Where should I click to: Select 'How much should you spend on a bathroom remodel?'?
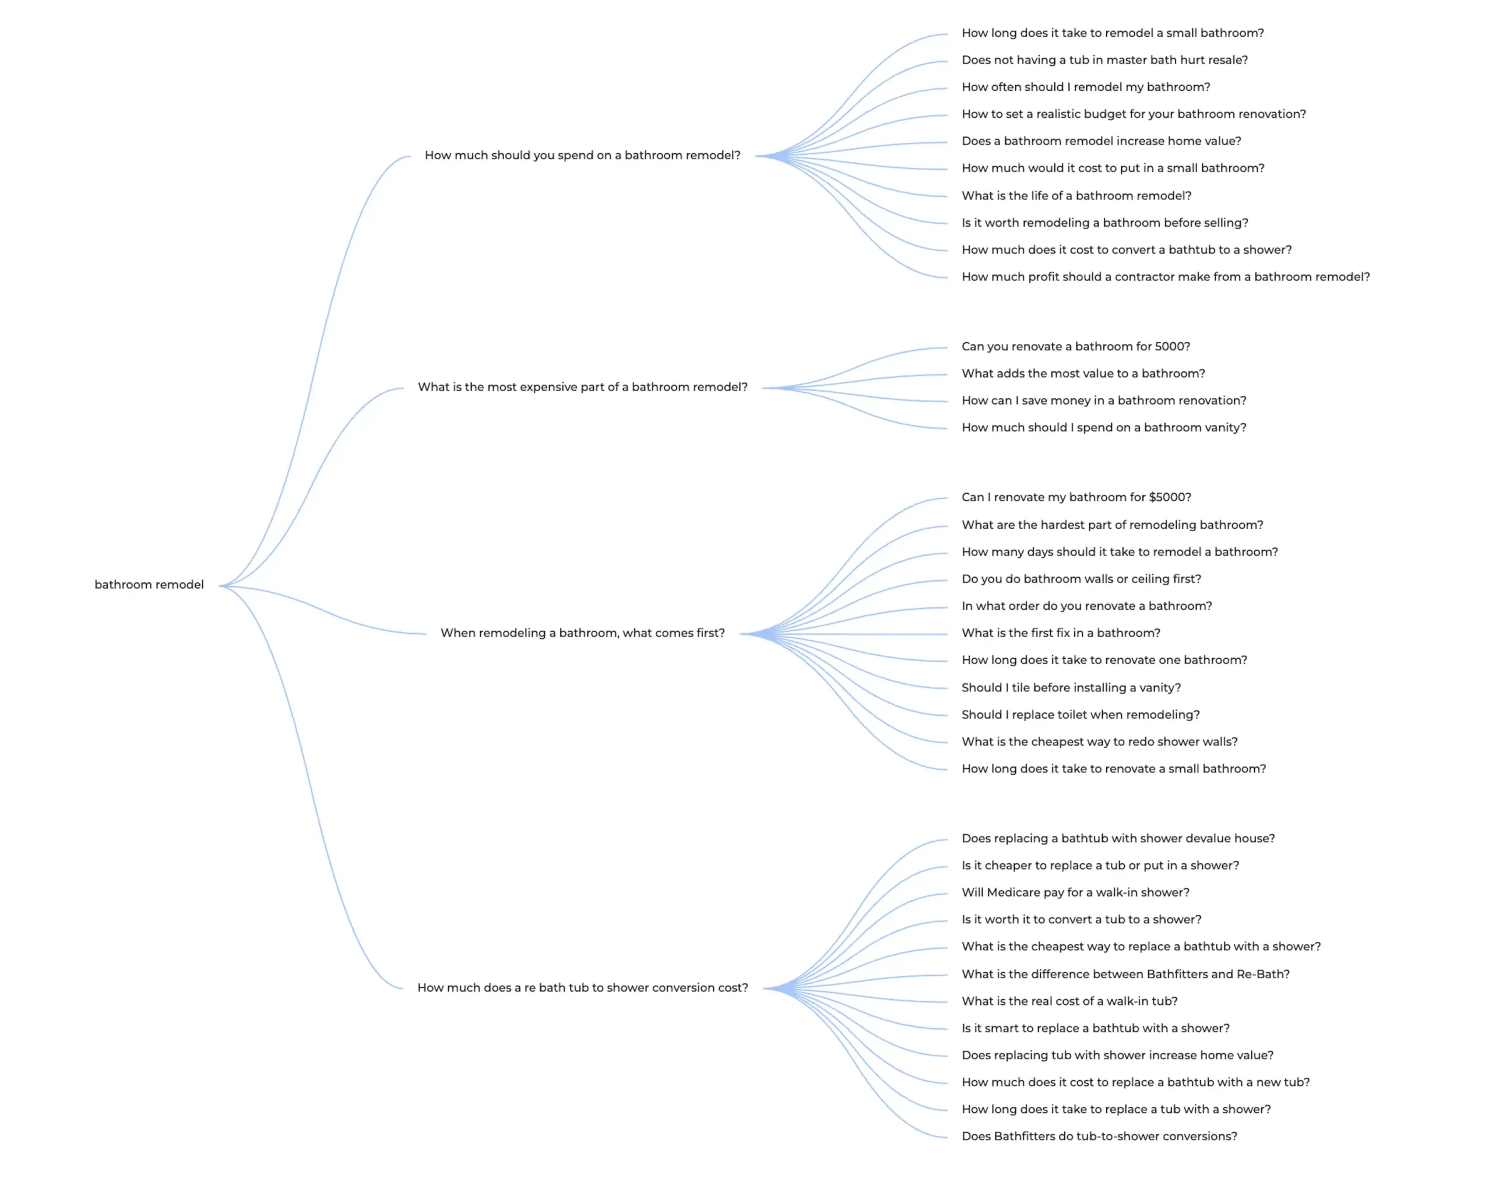click(582, 156)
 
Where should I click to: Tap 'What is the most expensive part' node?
click(582, 388)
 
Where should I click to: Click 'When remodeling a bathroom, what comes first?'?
click(582, 634)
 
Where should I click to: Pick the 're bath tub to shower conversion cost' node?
click(582, 988)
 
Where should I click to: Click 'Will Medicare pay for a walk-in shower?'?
click(1075, 892)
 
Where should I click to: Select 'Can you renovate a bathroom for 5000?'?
click(1075, 347)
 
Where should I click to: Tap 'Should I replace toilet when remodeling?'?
click(1081, 715)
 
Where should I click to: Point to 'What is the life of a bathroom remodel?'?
click(1076, 196)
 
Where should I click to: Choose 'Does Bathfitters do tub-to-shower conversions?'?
click(1099, 1136)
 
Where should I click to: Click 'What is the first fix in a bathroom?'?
click(1060, 633)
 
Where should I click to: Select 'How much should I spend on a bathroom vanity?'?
click(1103, 428)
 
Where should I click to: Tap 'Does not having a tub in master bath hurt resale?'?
click(1104, 60)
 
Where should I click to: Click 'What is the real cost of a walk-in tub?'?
click(1069, 1001)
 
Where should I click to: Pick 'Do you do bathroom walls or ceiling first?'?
click(1081, 579)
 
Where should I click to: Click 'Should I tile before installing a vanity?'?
click(1071, 687)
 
